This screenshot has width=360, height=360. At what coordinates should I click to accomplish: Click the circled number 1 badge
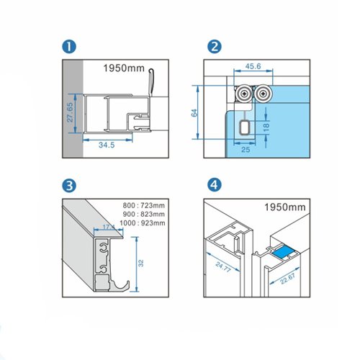68,48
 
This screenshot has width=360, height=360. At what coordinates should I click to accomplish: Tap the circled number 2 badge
214,48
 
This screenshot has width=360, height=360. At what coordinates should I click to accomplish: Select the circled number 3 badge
68,186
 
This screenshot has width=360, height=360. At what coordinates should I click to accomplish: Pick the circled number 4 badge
214,186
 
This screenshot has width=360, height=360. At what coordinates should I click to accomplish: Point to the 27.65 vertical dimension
70,112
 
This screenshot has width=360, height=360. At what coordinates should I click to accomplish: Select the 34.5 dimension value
107,145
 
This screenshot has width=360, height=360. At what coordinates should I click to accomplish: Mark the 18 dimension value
266,126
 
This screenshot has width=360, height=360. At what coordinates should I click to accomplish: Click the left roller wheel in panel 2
245,93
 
